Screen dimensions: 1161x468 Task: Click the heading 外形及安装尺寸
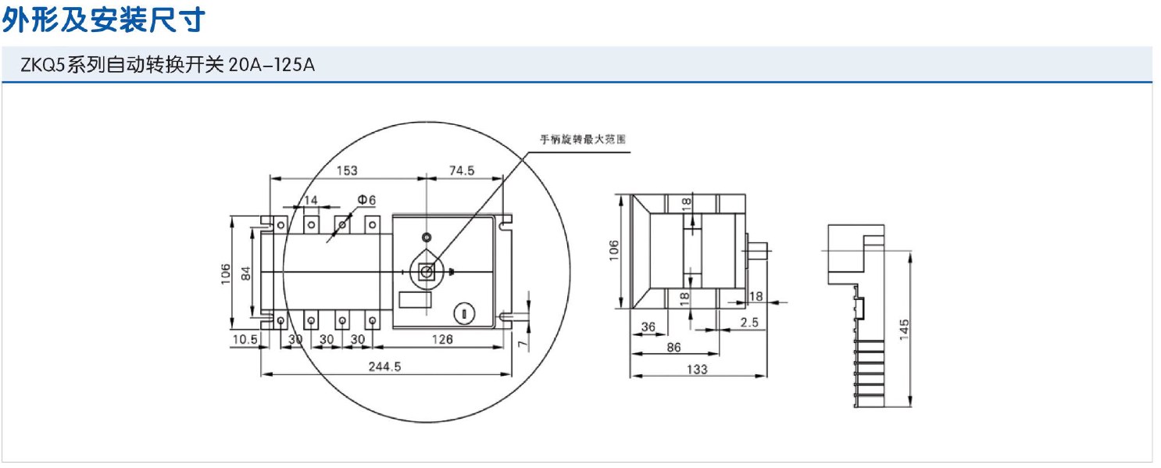[x=103, y=20]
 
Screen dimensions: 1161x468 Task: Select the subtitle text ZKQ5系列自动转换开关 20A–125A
[x=167, y=65]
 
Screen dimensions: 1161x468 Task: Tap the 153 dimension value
[x=347, y=170]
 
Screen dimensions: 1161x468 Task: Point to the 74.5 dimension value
[x=461, y=170]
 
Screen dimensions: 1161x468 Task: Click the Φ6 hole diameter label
[x=366, y=200]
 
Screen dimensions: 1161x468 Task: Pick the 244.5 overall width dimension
[x=384, y=366]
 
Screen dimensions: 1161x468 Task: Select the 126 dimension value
[x=442, y=339]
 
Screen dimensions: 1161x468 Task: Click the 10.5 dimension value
[x=245, y=339]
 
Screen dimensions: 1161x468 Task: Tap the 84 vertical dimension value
[x=246, y=273]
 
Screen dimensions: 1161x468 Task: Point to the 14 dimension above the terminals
[x=310, y=201]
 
